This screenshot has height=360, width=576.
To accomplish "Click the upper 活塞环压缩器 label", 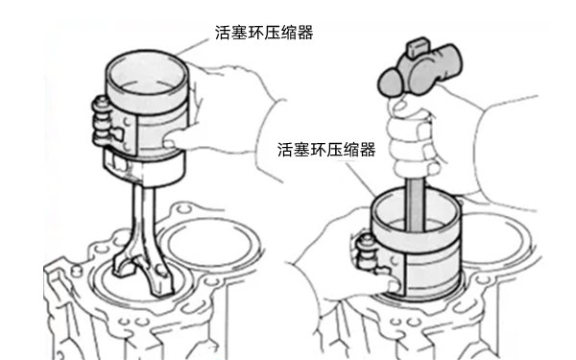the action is tap(264, 33).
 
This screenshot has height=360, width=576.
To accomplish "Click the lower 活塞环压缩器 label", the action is tap(326, 150).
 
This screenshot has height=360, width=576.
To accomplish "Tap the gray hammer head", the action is tap(420, 70).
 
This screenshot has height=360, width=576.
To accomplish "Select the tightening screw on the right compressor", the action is tap(367, 253).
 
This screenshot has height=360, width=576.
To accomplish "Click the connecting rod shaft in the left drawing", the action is tap(142, 217).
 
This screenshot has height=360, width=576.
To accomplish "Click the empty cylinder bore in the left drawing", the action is tap(210, 243).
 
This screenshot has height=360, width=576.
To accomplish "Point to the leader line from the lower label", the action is tap(361, 180).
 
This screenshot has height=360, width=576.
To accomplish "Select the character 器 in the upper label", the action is tap(305, 33).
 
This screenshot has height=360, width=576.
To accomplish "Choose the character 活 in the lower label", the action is tap(285, 150).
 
